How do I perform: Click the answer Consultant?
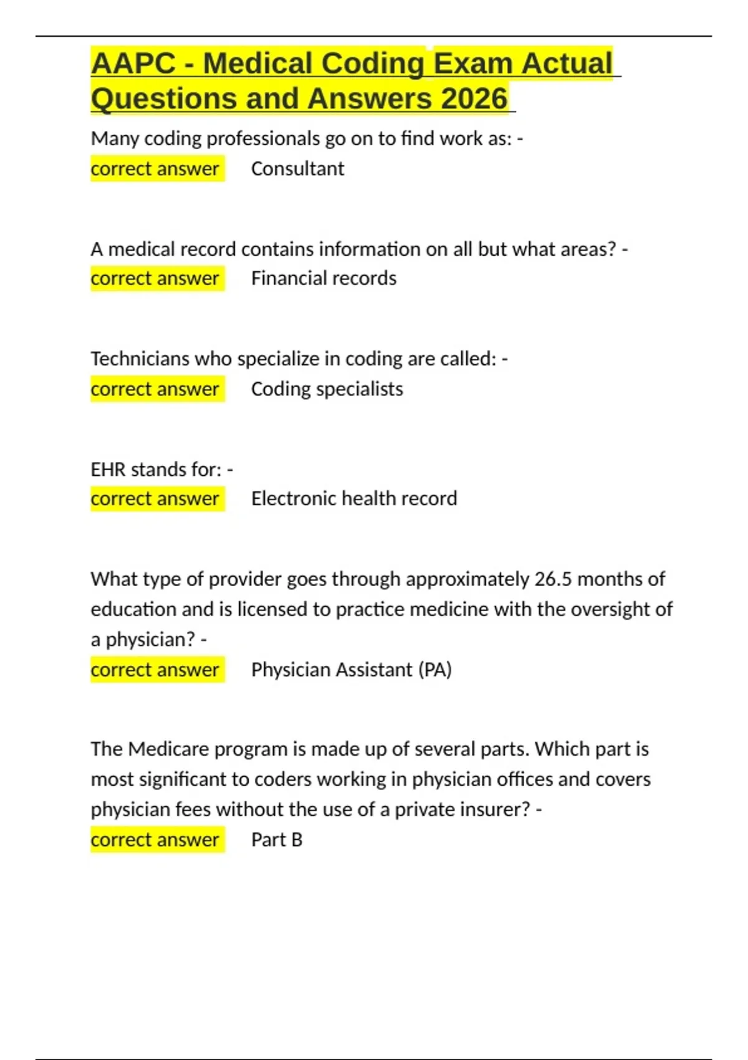coord(297,168)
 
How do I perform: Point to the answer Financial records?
coord(324,278)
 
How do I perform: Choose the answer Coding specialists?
coord(327,389)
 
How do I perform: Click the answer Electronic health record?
coord(354,498)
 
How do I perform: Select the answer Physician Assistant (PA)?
coord(351,670)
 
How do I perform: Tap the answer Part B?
coord(277,840)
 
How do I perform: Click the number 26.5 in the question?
coord(553,579)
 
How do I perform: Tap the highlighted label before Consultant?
coord(155,168)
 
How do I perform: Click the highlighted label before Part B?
coord(155,840)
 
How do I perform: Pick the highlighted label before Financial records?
coord(155,278)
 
